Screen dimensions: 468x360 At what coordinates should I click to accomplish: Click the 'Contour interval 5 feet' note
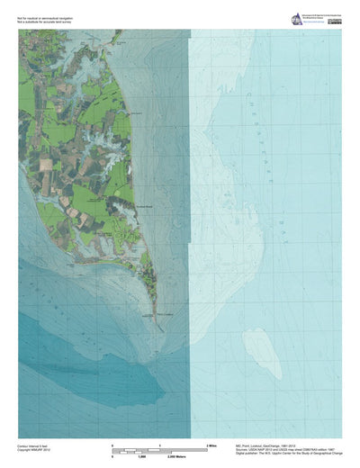34,445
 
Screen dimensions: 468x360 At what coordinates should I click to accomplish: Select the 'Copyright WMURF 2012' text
35,449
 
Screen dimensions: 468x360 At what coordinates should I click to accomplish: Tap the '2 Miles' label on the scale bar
213,445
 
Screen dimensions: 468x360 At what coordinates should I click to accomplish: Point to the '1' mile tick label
159,445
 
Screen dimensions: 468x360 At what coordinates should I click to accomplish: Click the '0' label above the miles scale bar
112,445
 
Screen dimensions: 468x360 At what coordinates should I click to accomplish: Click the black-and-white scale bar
159,450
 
